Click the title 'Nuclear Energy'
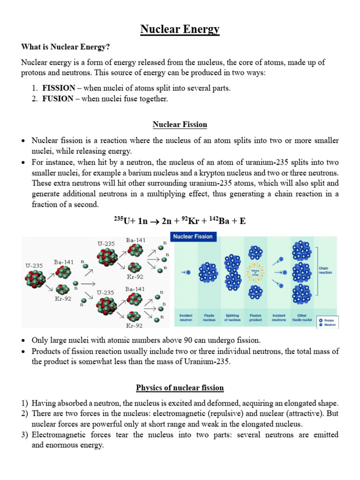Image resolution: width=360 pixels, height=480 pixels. [x=180, y=30]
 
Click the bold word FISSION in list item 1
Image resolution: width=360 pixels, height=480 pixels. [x=58, y=88]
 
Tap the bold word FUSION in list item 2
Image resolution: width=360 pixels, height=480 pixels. [x=58, y=98]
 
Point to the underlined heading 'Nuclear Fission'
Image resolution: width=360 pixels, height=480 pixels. [x=180, y=125]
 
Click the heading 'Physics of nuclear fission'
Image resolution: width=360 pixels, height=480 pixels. [x=180, y=388]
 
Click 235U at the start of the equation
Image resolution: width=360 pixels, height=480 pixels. [x=122, y=221]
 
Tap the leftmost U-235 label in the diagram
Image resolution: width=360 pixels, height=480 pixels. [x=34, y=265]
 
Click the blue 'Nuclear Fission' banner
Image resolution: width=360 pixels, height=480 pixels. [x=193, y=237]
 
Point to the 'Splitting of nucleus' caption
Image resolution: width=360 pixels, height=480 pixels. [x=232, y=318]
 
